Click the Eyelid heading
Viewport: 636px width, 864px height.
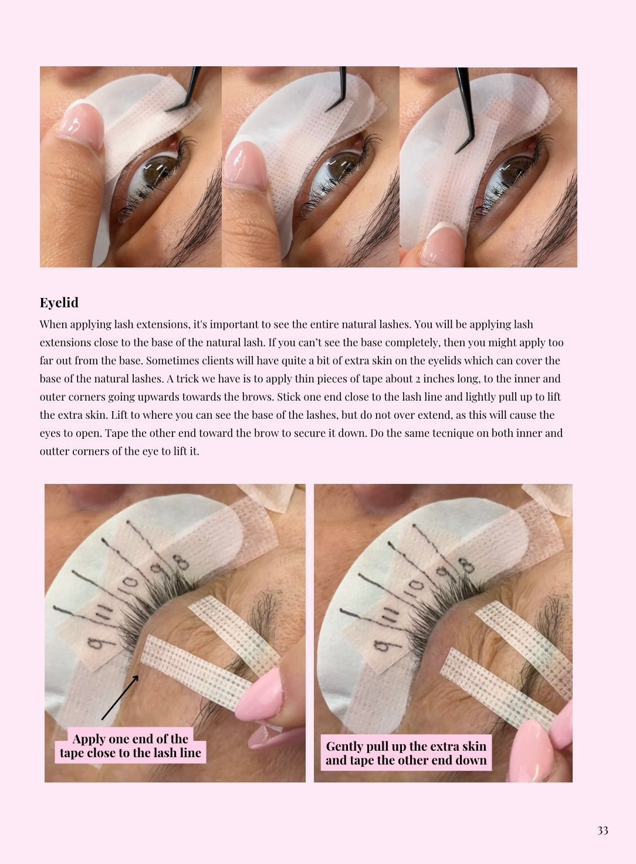(59, 303)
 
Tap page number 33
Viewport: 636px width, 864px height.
(603, 831)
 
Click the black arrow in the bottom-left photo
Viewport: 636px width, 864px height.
(120, 697)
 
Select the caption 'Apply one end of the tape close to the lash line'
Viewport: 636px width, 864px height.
(130, 746)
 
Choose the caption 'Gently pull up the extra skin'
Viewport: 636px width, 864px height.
(406, 746)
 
